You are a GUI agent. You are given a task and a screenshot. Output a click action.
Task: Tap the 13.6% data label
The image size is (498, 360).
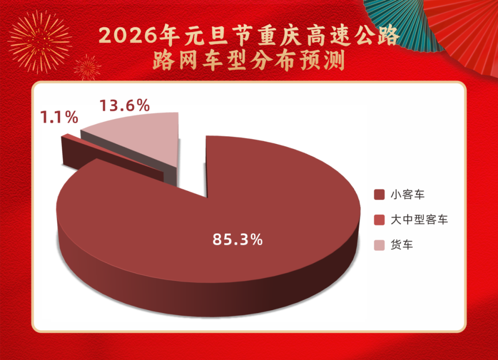(x=125, y=106)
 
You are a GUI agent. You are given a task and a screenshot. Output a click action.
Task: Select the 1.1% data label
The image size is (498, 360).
(x=58, y=118)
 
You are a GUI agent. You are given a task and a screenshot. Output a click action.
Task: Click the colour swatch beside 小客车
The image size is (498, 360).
(x=378, y=195)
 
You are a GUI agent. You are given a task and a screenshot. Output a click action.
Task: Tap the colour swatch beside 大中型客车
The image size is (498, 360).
(x=378, y=220)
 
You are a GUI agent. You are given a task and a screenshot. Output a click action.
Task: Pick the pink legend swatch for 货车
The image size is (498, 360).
(x=378, y=245)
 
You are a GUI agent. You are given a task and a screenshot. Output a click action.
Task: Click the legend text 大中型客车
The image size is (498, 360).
(x=419, y=220)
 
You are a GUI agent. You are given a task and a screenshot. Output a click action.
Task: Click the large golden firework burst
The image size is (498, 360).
(x=40, y=41)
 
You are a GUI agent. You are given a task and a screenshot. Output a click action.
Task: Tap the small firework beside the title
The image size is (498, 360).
(x=87, y=67)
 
